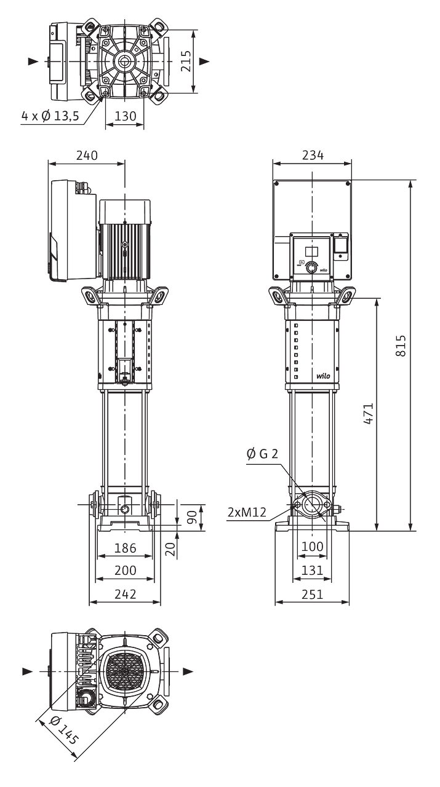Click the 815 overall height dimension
[401, 346]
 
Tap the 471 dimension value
[368, 414]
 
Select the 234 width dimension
[313, 155]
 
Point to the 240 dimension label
[87, 155]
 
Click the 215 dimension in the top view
[186, 61]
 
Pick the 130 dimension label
[125, 116]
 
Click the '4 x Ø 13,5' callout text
[50, 116]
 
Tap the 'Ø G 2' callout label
[262, 454]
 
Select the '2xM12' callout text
[247, 512]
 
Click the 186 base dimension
[125, 548]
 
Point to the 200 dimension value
[125, 570]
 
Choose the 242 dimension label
[125, 594]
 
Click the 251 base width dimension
[313, 594]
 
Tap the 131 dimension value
[313, 570]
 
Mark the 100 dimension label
[313, 547]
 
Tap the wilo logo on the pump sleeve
[323, 376]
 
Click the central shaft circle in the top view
[124, 61]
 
